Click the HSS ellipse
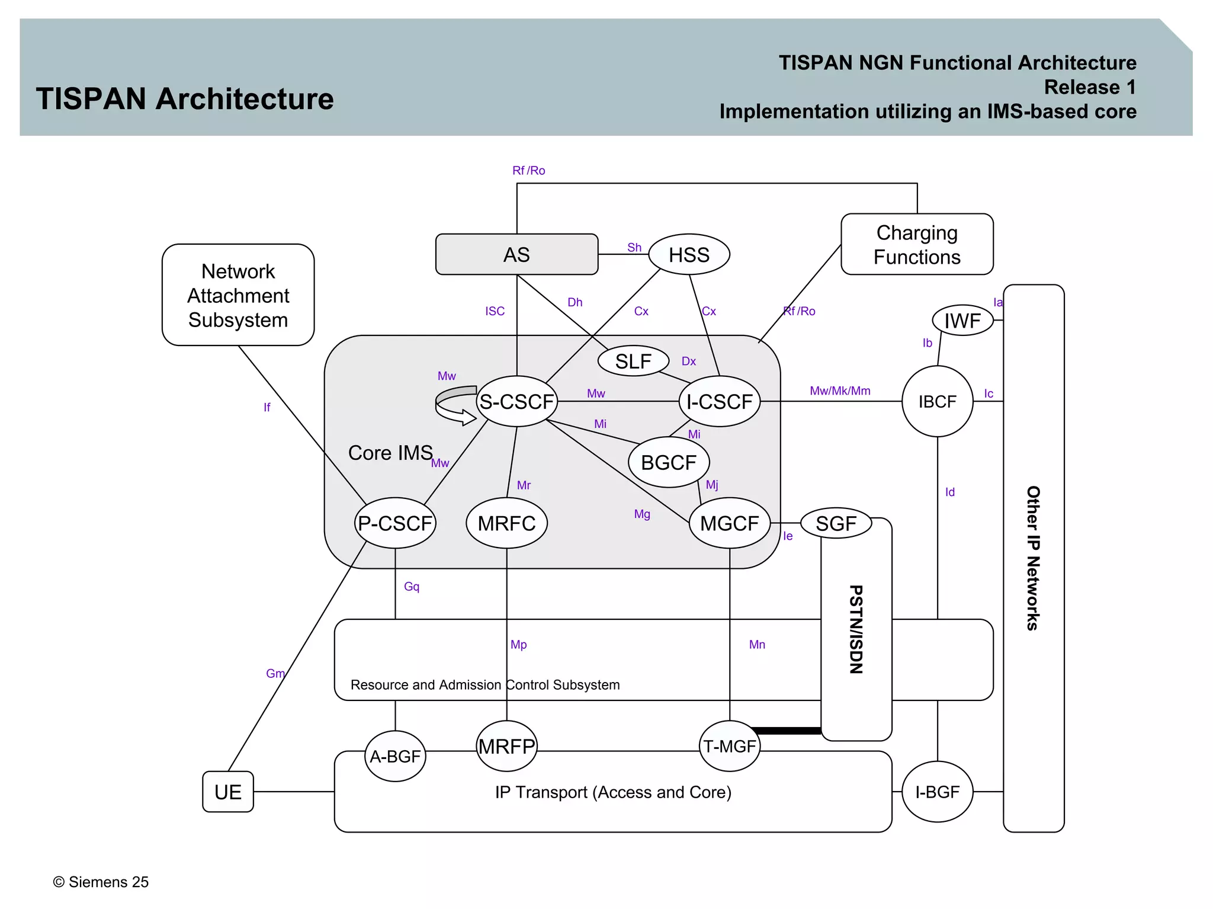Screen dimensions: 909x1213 689,255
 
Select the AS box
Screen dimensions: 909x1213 516,255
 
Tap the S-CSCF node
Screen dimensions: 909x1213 516,402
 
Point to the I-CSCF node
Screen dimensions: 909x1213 719,402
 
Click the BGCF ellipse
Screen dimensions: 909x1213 669,462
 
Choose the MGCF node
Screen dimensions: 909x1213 729,523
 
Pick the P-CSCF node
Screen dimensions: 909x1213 395,523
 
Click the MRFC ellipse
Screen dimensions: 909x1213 506,523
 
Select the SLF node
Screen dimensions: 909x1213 633,361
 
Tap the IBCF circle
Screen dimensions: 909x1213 937,402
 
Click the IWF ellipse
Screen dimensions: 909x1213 962,321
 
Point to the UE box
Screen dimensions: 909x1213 228,792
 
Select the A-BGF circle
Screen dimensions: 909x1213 395,756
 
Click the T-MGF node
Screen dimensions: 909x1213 729,746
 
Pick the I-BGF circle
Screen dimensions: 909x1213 937,792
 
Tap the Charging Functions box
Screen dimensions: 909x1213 917,245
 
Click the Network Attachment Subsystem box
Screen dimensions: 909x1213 238,295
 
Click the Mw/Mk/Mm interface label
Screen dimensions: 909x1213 840,391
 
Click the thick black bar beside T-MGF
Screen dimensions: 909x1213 787,731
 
